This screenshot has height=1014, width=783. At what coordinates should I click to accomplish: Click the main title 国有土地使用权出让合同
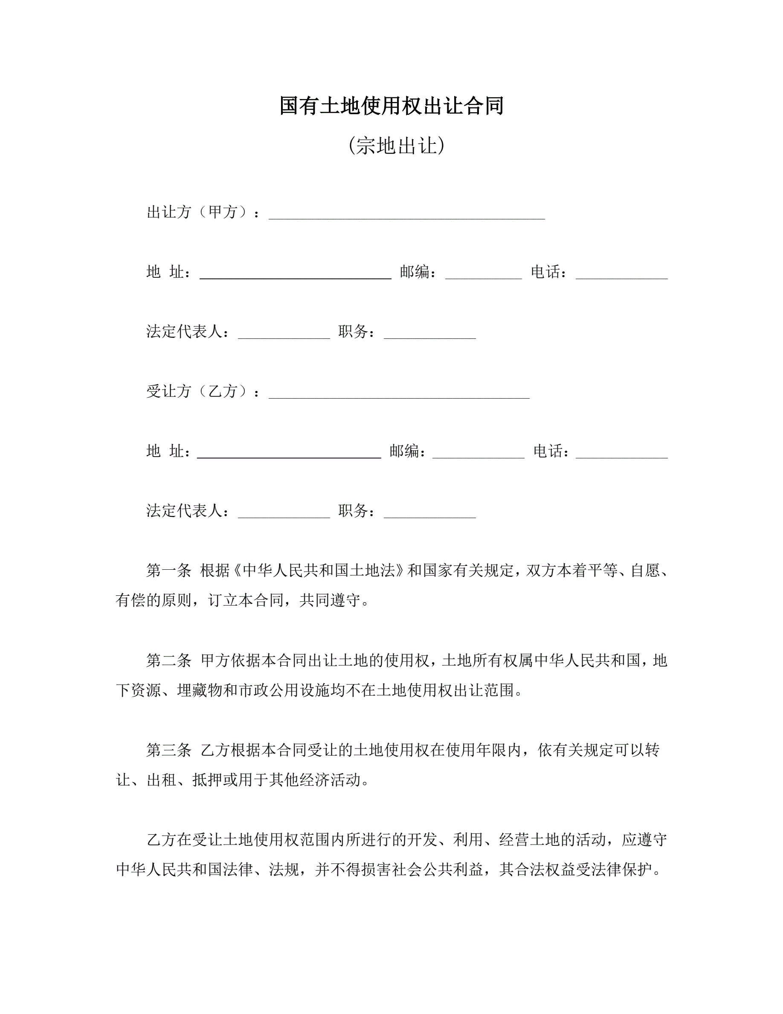coord(391,106)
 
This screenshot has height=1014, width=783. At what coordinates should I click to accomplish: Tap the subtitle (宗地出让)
coord(396,146)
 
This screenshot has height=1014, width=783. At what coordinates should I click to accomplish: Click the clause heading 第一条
coord(169,571)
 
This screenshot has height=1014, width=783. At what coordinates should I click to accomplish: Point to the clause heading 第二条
coord(169,660)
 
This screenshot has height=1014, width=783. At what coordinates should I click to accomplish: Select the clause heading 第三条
coord(169,750)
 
